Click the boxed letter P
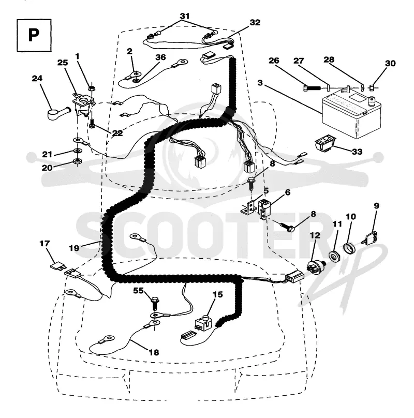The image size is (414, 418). [34, 35]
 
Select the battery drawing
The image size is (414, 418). [351, 114]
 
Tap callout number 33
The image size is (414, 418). [357, 152]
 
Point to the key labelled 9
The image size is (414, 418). [370, 237]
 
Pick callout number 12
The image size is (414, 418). [315, 235]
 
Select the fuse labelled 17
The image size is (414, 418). [56, 265]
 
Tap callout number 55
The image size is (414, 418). [139, 291]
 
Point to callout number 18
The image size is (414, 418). [154, 352]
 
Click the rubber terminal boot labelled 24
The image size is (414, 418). [59, 112]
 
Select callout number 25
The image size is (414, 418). [63, 63]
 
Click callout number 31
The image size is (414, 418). [185, 16]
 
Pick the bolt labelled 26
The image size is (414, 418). [312, 88]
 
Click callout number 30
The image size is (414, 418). [390, 64]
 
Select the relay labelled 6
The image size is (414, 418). [264, 210]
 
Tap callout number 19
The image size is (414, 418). [74, 248]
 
